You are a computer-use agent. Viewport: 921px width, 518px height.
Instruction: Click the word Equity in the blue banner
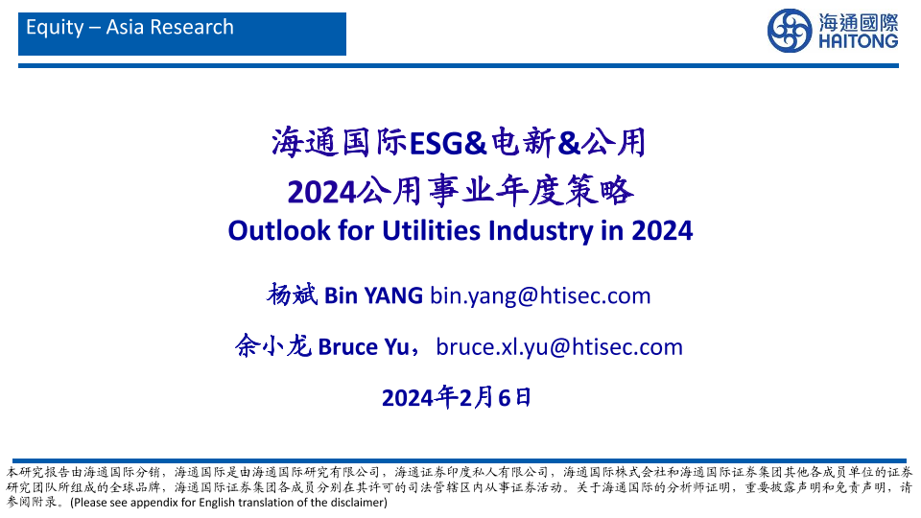pos(56,28)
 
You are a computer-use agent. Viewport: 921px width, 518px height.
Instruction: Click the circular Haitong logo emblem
pos(790,31)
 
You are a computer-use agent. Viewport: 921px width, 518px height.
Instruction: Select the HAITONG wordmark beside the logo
pos(858,41)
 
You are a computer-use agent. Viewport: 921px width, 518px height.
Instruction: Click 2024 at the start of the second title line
pos(322,193)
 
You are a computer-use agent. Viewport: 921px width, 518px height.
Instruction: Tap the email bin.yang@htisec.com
pos(540,296)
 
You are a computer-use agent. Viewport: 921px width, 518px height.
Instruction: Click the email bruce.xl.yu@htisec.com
pos(559,347)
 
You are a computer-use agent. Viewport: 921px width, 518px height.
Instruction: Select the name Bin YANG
pos(373,295)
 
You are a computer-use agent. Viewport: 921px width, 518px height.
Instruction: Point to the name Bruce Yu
pos(364,347)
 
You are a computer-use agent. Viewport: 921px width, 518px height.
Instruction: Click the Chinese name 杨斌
pos(292,294)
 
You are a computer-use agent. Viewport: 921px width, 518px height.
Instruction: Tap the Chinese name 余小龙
pos(273,346)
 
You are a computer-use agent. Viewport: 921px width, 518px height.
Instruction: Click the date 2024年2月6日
pos(457,397)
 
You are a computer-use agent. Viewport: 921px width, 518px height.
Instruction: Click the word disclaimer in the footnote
pos(354,503)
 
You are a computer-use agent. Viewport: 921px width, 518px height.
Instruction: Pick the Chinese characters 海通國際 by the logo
pos(858,23)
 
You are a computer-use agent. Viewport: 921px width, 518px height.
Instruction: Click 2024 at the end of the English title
pos(662,231)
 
